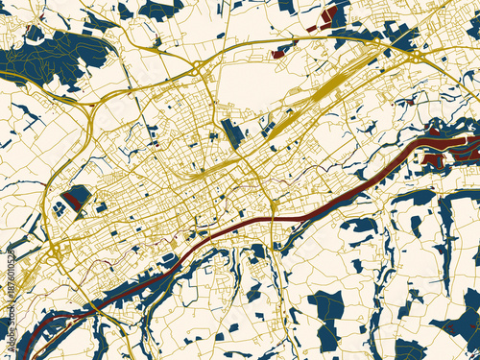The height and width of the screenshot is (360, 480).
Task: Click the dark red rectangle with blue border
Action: click(x=76, y=197)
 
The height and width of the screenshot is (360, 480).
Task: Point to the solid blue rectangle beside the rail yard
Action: click(x=231, y=133)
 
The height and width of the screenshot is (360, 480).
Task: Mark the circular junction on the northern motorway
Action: click(x=197, y=67)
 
